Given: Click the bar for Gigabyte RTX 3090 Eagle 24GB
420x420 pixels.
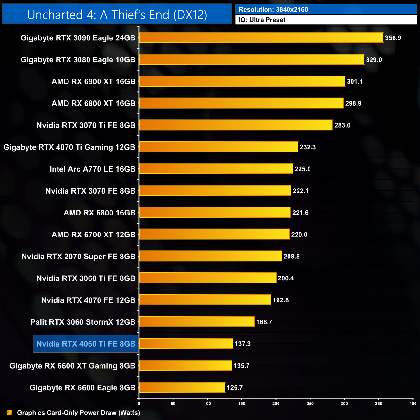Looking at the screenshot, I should (261, 37).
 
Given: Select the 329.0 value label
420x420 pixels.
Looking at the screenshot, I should (374, 60).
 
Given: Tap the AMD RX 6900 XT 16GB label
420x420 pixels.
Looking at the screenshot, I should (93, 82).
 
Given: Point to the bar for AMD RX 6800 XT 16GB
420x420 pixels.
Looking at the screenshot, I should (241, 103).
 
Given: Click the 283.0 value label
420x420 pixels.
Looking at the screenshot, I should (342, 125).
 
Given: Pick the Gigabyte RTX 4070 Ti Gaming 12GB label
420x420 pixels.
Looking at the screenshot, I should (69, 147).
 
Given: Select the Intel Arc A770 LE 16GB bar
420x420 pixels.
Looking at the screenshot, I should (216, 169).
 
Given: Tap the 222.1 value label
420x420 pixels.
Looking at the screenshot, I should (300, 191).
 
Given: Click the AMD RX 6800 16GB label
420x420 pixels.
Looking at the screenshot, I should (100, 213).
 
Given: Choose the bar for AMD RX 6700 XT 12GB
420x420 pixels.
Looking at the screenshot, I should (214, 235).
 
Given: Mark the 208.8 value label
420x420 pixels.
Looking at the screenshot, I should (291, 257).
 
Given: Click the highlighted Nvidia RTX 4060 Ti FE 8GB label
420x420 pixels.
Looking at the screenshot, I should (86, 344).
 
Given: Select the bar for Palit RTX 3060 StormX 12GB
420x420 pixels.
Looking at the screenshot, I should (197, 322).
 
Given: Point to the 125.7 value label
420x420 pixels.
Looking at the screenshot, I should (235, 388).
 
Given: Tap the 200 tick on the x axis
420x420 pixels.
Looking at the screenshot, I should (276, 404).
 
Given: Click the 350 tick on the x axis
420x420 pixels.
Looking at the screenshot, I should (379, 404).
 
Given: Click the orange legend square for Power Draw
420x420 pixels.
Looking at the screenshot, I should (9, 413).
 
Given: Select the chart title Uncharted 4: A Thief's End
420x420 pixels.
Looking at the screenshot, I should (117, 15).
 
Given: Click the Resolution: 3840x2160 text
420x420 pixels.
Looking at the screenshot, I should (273, 10).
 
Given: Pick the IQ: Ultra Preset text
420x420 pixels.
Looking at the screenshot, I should (262, 20).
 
